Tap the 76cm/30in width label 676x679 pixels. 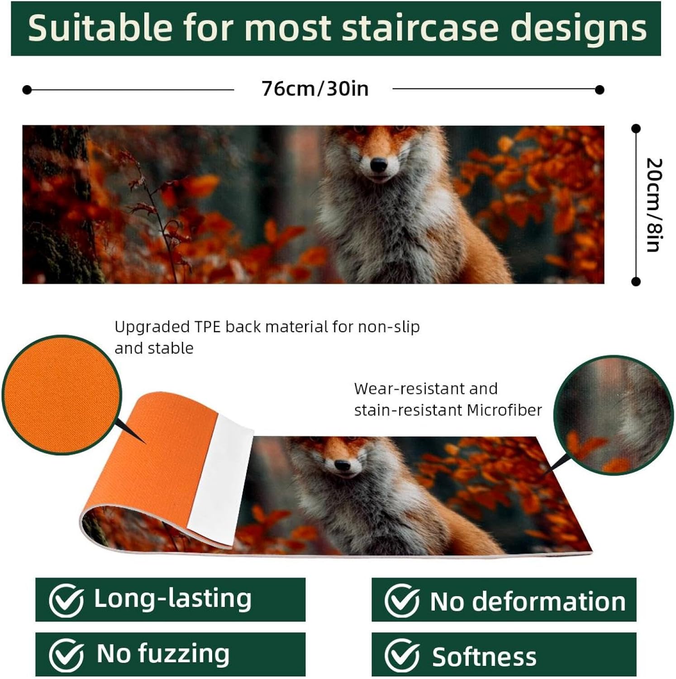tap(315, 89)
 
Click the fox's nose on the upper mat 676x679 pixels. tap(379, 165)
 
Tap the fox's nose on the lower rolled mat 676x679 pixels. tap(343, 465)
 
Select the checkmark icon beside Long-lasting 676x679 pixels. tap(66, 601)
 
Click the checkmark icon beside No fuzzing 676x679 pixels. tap(66, 655)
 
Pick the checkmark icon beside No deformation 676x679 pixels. tap(401, 601)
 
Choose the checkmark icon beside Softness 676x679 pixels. tap(401, 656)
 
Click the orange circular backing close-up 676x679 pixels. tap(62, 395)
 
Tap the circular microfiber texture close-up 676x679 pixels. tap(614, 415)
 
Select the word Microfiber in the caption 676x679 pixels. tap(504, 410)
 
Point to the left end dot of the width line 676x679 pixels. tap(27, 90)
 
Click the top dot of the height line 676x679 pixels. tap(636, 129)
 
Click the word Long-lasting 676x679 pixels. tap(172, 598)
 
